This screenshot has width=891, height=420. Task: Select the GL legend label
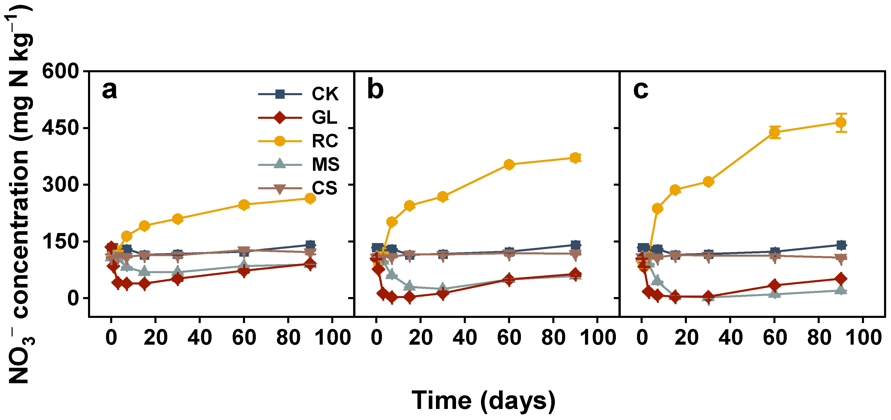click(324, 118)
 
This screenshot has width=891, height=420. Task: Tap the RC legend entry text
click(325, 141)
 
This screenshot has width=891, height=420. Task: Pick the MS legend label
click(326, 165)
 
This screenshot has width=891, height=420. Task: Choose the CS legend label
click(324, 188)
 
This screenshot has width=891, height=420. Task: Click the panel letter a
click(109, 91)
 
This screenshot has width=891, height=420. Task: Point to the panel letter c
click(641, 91)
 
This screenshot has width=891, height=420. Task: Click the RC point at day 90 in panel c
click(841, 123)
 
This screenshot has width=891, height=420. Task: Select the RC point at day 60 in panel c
click(775, 132)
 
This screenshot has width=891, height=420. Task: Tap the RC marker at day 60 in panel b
click(509, 165)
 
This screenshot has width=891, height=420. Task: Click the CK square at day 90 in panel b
click(575, 245)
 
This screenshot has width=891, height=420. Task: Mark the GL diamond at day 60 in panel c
click(775, 285)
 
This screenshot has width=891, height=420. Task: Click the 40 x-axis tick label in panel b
click(465, 337)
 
